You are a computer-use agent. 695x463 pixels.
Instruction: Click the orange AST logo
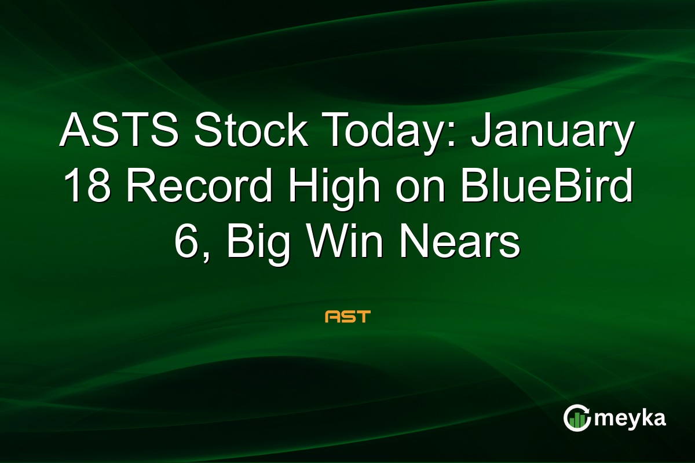click(348, 317)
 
